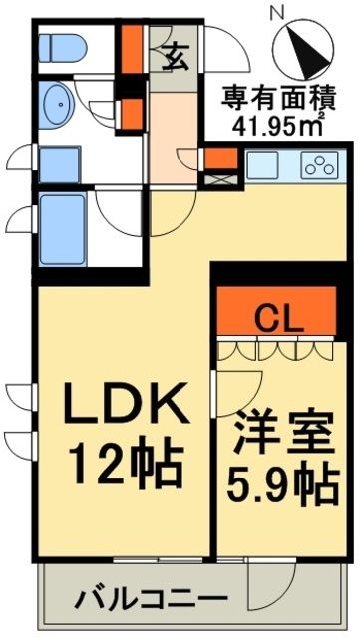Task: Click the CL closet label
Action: click(280, 318)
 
